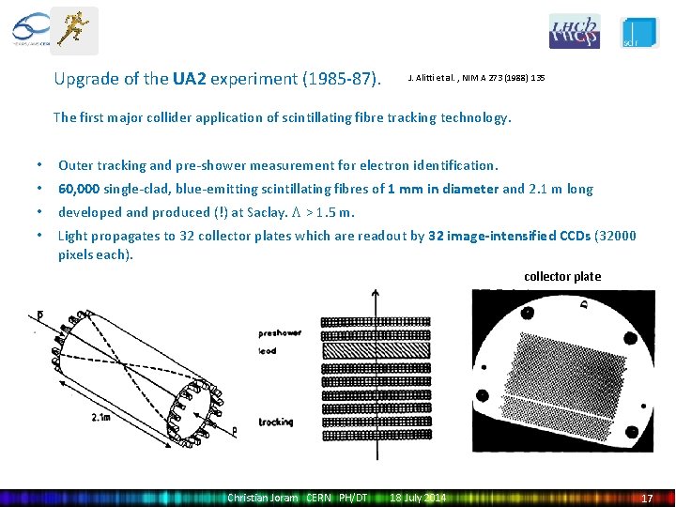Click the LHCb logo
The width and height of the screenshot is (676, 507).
pyautogui.click(x=574, y=31)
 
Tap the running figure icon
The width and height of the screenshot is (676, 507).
pyautogui.click(x=73, y=30)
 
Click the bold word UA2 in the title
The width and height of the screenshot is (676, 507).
pyautogui.click(x=190, y=79)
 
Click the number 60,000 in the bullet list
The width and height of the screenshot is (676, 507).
pyautogui.click(x=80, y=189)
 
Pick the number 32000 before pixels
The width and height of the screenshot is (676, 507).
pyautogui.click(x=617, y=236)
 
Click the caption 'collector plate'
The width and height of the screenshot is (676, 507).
pyautogui.click(x=562, y=276)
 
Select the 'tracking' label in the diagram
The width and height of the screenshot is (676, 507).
pyautogui.click(x=276, y=422)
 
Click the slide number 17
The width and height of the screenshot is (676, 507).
pyautogui.click(x=646, y=498)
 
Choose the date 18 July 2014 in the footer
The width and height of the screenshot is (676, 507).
pyautogui.click(x=419, y=497)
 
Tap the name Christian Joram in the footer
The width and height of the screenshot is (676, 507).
pyautogui.click(x=262, y=497)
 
